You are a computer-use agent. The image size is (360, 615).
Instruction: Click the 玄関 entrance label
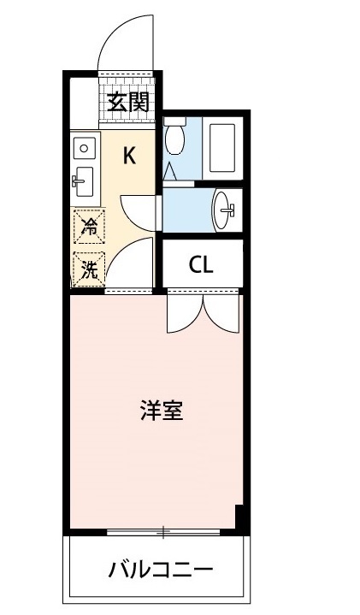pos(128,103)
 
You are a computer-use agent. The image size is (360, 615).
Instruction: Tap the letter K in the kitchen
pos(129,156)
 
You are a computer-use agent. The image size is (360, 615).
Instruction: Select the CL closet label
pos(201,264)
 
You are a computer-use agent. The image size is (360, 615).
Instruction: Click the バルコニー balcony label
pos(160,569)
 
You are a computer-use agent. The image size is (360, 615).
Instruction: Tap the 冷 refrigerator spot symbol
pos(88,228)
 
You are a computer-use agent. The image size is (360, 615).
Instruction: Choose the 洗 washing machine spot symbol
pos(88,269)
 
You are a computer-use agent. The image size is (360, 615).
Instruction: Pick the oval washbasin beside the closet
pos(225,206)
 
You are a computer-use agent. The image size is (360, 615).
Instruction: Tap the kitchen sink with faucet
pos(83,180)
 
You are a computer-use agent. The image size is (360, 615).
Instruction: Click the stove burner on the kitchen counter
pos(83,148)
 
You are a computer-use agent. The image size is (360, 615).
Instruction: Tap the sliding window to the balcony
pos(162,532)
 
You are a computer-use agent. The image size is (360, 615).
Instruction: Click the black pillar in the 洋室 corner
pos(241,517)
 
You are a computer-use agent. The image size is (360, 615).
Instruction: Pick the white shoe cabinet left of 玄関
pos(85,103)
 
